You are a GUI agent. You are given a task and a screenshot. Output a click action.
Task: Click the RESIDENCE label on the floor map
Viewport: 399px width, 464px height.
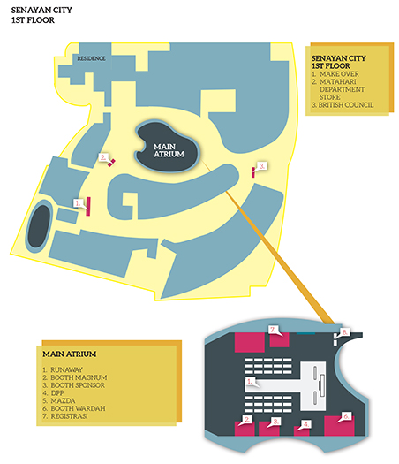pos(91,58)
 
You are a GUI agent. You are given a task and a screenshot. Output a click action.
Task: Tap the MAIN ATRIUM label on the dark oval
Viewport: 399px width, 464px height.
pos(169,150)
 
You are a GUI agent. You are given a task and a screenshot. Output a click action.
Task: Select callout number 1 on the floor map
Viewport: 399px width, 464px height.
pos(78,203)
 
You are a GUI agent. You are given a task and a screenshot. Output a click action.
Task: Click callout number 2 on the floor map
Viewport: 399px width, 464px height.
pos(103,157)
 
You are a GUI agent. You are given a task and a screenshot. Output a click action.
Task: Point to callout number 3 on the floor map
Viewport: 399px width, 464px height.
pos(262,166)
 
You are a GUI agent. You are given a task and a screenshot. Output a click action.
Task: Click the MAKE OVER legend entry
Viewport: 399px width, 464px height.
pos(335,74)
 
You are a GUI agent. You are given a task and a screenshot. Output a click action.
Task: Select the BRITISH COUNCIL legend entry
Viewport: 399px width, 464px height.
pos(343,105)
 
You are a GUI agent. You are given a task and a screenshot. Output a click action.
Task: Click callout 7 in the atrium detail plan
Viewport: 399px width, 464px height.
pos(273,330)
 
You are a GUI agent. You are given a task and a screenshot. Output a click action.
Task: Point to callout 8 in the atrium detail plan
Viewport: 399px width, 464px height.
pos(344,332)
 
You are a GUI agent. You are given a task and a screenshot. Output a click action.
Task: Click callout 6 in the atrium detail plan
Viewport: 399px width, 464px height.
pos(346,416)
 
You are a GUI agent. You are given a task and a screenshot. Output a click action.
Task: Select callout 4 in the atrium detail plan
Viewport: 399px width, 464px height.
pos(306,424)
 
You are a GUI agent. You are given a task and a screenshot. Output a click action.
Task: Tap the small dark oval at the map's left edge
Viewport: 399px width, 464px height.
pos(39,226)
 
